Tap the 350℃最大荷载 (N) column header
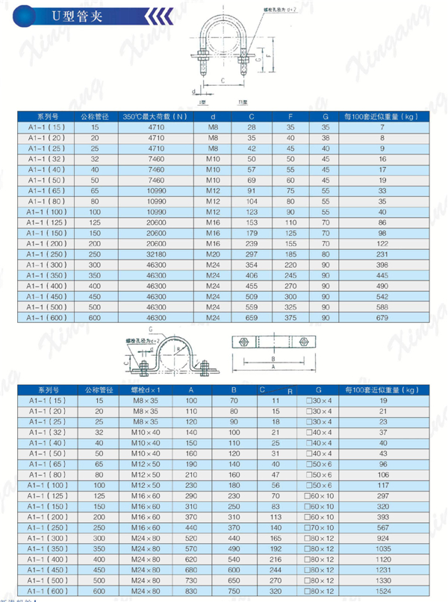pos(157,116)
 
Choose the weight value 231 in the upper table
pos(382,254)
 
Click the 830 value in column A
pos(190,592)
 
